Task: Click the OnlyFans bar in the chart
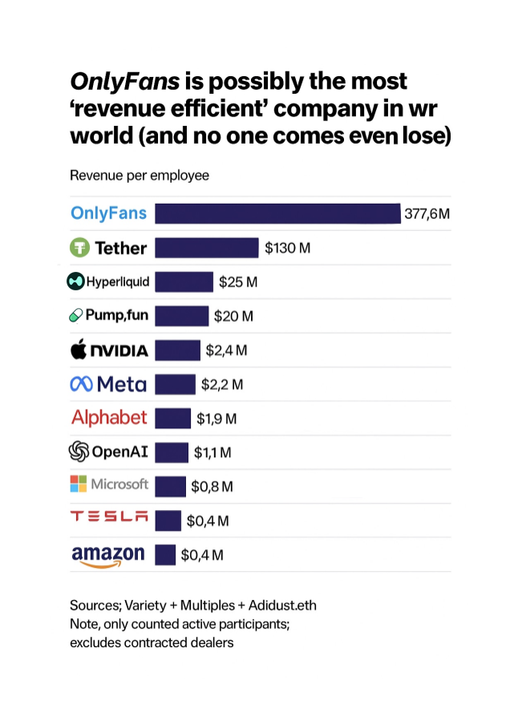point(277,213)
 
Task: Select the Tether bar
point(206,248)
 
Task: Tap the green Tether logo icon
point(79,248)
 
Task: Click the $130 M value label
point(287,249)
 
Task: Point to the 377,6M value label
point(427,214)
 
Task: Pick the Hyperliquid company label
point(108,282)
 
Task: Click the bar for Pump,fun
point(181,316)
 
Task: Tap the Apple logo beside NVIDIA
point(79,350)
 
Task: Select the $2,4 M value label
point(226,350)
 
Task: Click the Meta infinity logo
point(82,384)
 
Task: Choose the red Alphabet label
point(109,418)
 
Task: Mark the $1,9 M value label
point(217,419)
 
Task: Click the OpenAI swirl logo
point(79,452)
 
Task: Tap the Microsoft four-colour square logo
point(78,484)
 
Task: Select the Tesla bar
point(168,521)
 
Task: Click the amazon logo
point(108,555)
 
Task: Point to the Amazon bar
point(165,554)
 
